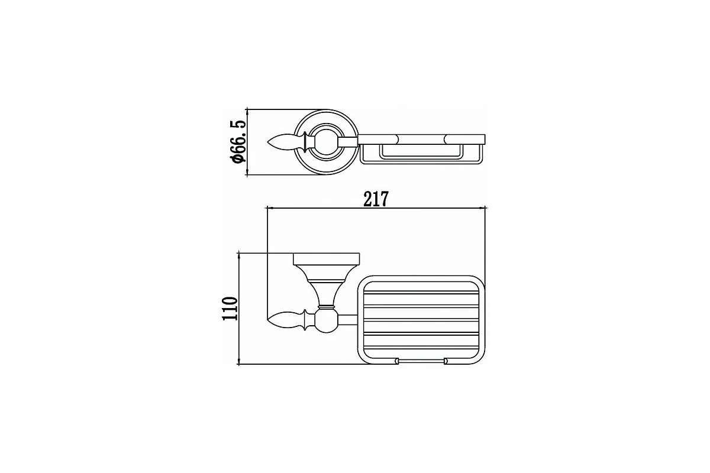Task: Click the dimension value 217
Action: click(376, 199)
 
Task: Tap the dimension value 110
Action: click(230, 308)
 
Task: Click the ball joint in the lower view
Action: click(327, 322)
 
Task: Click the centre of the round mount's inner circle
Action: click(327, 142)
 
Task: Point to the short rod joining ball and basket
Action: click(347, 321)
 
